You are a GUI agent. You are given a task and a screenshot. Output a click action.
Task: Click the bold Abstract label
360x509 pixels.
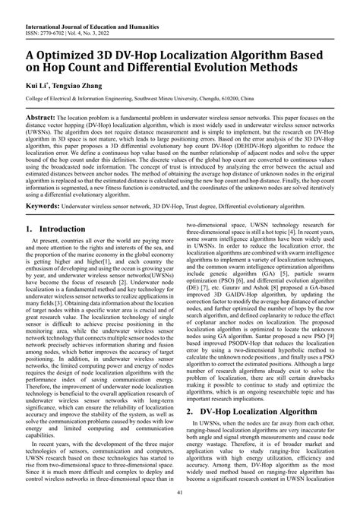(x=46, y=119)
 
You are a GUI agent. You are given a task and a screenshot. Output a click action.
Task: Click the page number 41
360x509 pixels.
(x=179, y=495)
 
